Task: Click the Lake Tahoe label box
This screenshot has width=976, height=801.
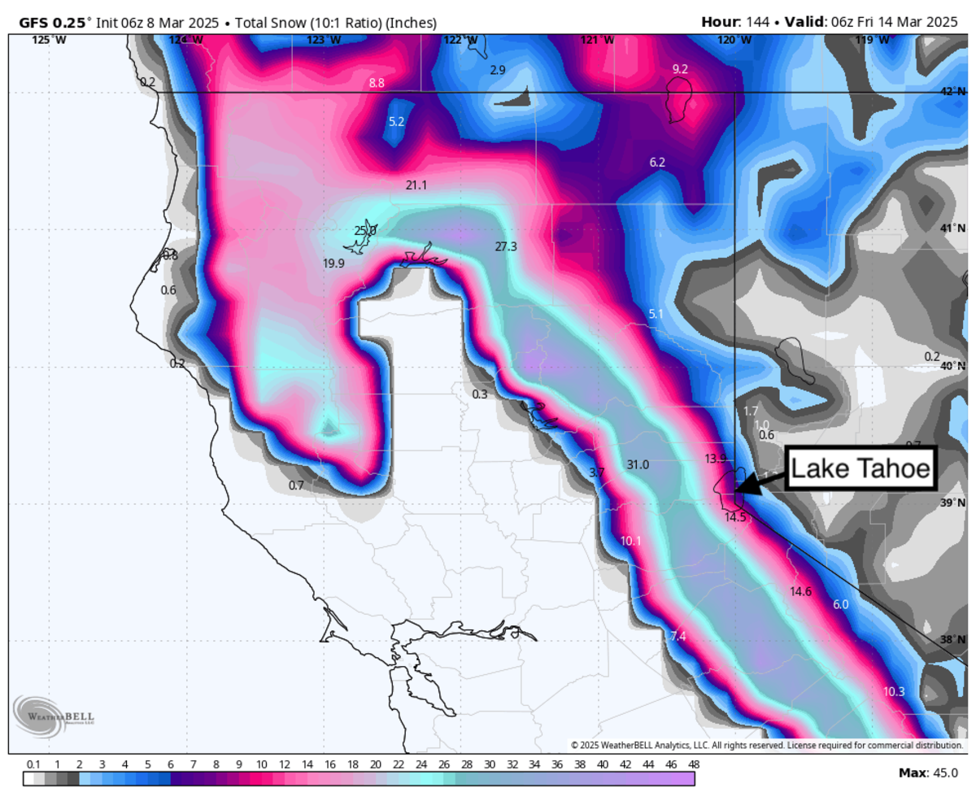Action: (x=861, y=468)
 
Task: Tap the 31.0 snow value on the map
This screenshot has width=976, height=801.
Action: (x=638, y=465)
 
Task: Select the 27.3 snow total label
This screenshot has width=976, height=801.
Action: (x=506, y=246)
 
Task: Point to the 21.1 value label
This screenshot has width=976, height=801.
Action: (x=416, y=185)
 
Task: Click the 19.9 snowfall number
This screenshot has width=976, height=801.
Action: (x=333, y=263)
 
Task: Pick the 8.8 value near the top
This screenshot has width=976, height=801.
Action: (x=377, y=83)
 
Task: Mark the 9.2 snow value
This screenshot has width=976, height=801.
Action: (x=680, y=69)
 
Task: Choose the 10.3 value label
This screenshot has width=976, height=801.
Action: (x=894, y=692)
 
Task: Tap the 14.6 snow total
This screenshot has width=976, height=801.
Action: (x=801, y=591)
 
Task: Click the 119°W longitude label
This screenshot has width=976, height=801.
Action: (x=869, y=39)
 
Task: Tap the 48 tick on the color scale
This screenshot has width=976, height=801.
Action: (x=694, y=764)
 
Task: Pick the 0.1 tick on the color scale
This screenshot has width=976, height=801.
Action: (x=33, y=764)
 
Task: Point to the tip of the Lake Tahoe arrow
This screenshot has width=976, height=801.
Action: (x=735, y=490)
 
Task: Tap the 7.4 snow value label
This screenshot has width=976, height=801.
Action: (x=678, y=637)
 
